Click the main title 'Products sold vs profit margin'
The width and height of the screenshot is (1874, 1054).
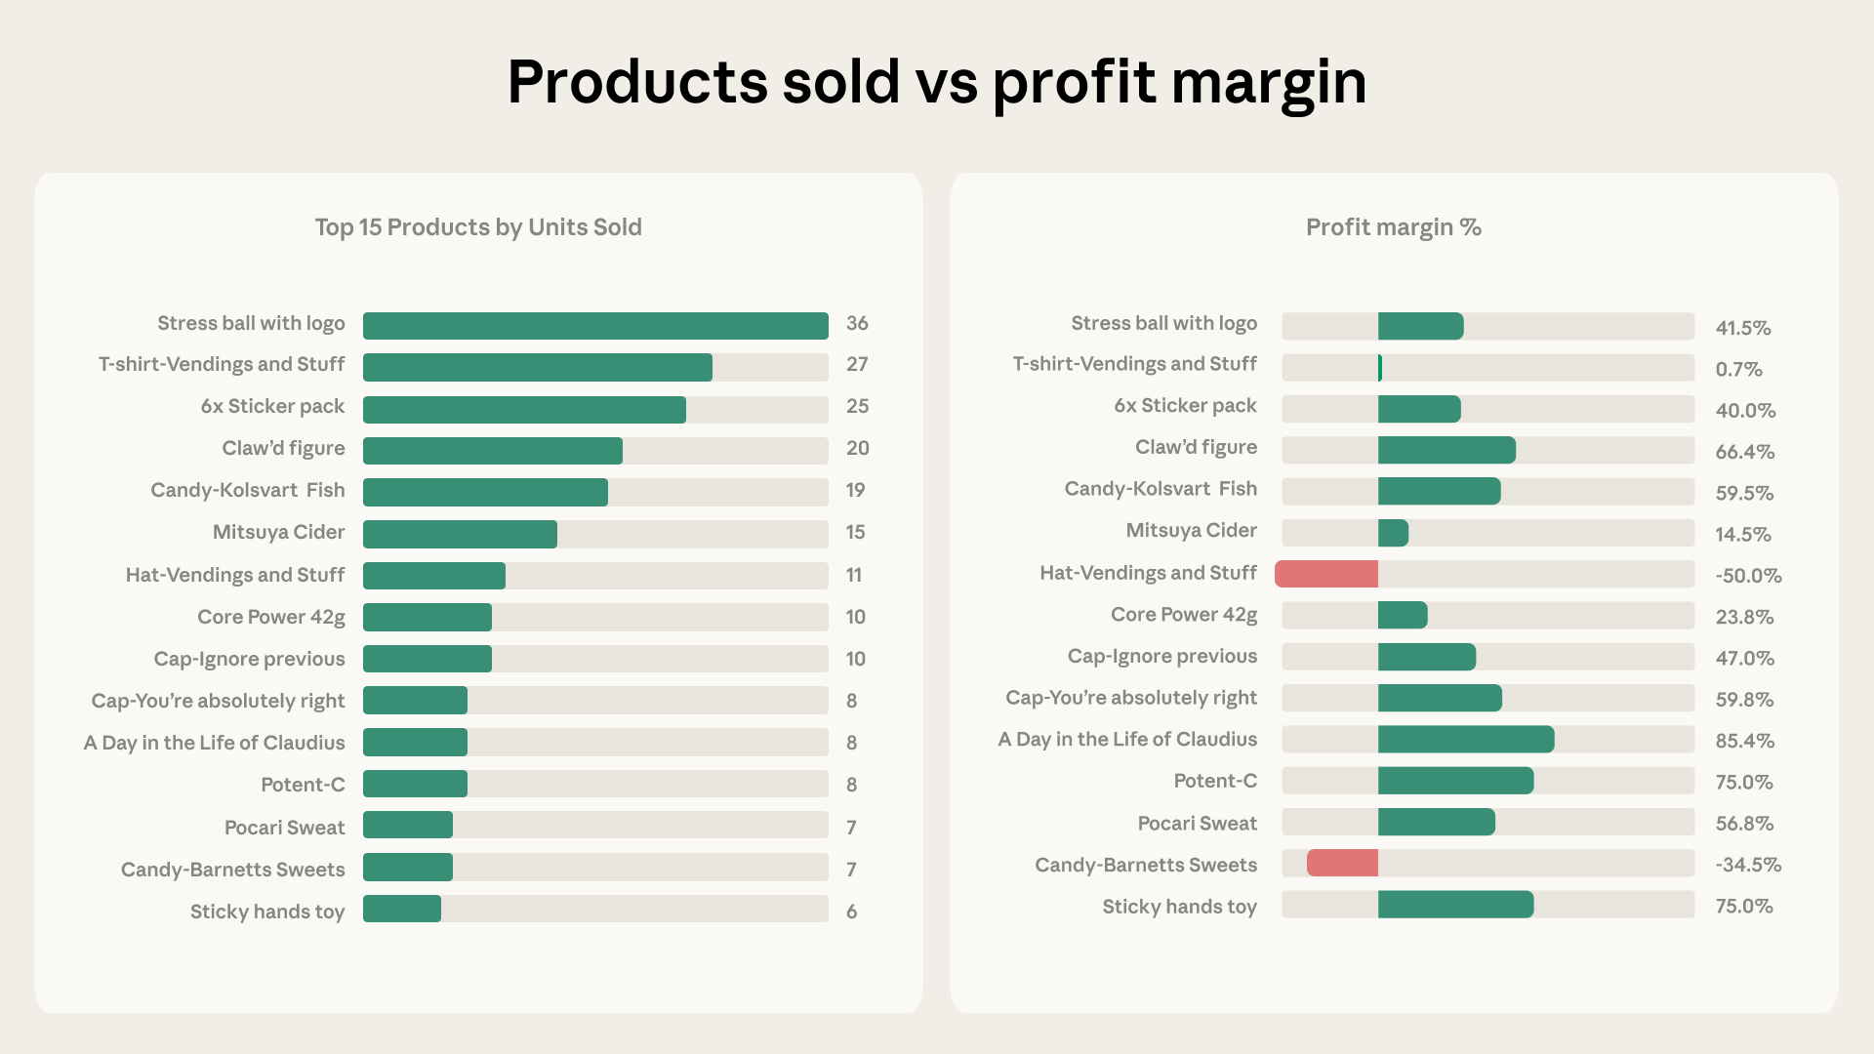point(936,82)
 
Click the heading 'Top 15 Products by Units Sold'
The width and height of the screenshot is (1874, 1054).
point(478,227)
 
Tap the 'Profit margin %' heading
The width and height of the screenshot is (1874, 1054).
point(1393,227)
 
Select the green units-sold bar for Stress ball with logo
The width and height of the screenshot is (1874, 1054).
point(595,326)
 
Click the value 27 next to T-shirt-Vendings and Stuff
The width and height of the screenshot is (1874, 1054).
point(857,365)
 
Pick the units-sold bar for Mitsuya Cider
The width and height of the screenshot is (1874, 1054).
point(460,535)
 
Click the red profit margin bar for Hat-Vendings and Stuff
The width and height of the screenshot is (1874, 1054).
point(1326,574)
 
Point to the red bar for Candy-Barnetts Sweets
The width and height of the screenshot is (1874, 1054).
point(1342,863)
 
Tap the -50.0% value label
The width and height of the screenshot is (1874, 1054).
point(1748,576)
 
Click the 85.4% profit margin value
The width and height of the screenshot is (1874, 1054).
point(1744,741)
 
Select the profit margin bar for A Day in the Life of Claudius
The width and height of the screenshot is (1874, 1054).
point(1465,740)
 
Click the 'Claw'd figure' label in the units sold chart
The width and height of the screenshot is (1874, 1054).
point(283,448)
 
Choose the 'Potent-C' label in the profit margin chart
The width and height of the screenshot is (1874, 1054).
point(1214,781)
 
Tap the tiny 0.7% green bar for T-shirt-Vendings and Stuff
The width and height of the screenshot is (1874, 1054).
point(1380,368)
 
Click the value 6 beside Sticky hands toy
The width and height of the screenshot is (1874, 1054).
point(851,912)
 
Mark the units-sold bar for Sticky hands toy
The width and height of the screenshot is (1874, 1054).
point(402,909)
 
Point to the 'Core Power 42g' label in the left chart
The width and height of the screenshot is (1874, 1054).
point(270,617)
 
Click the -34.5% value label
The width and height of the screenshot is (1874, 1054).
point(1747,865)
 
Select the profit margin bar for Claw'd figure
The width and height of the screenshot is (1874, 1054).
point(1446,450)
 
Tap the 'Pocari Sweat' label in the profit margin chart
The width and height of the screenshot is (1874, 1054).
point(1197,824)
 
